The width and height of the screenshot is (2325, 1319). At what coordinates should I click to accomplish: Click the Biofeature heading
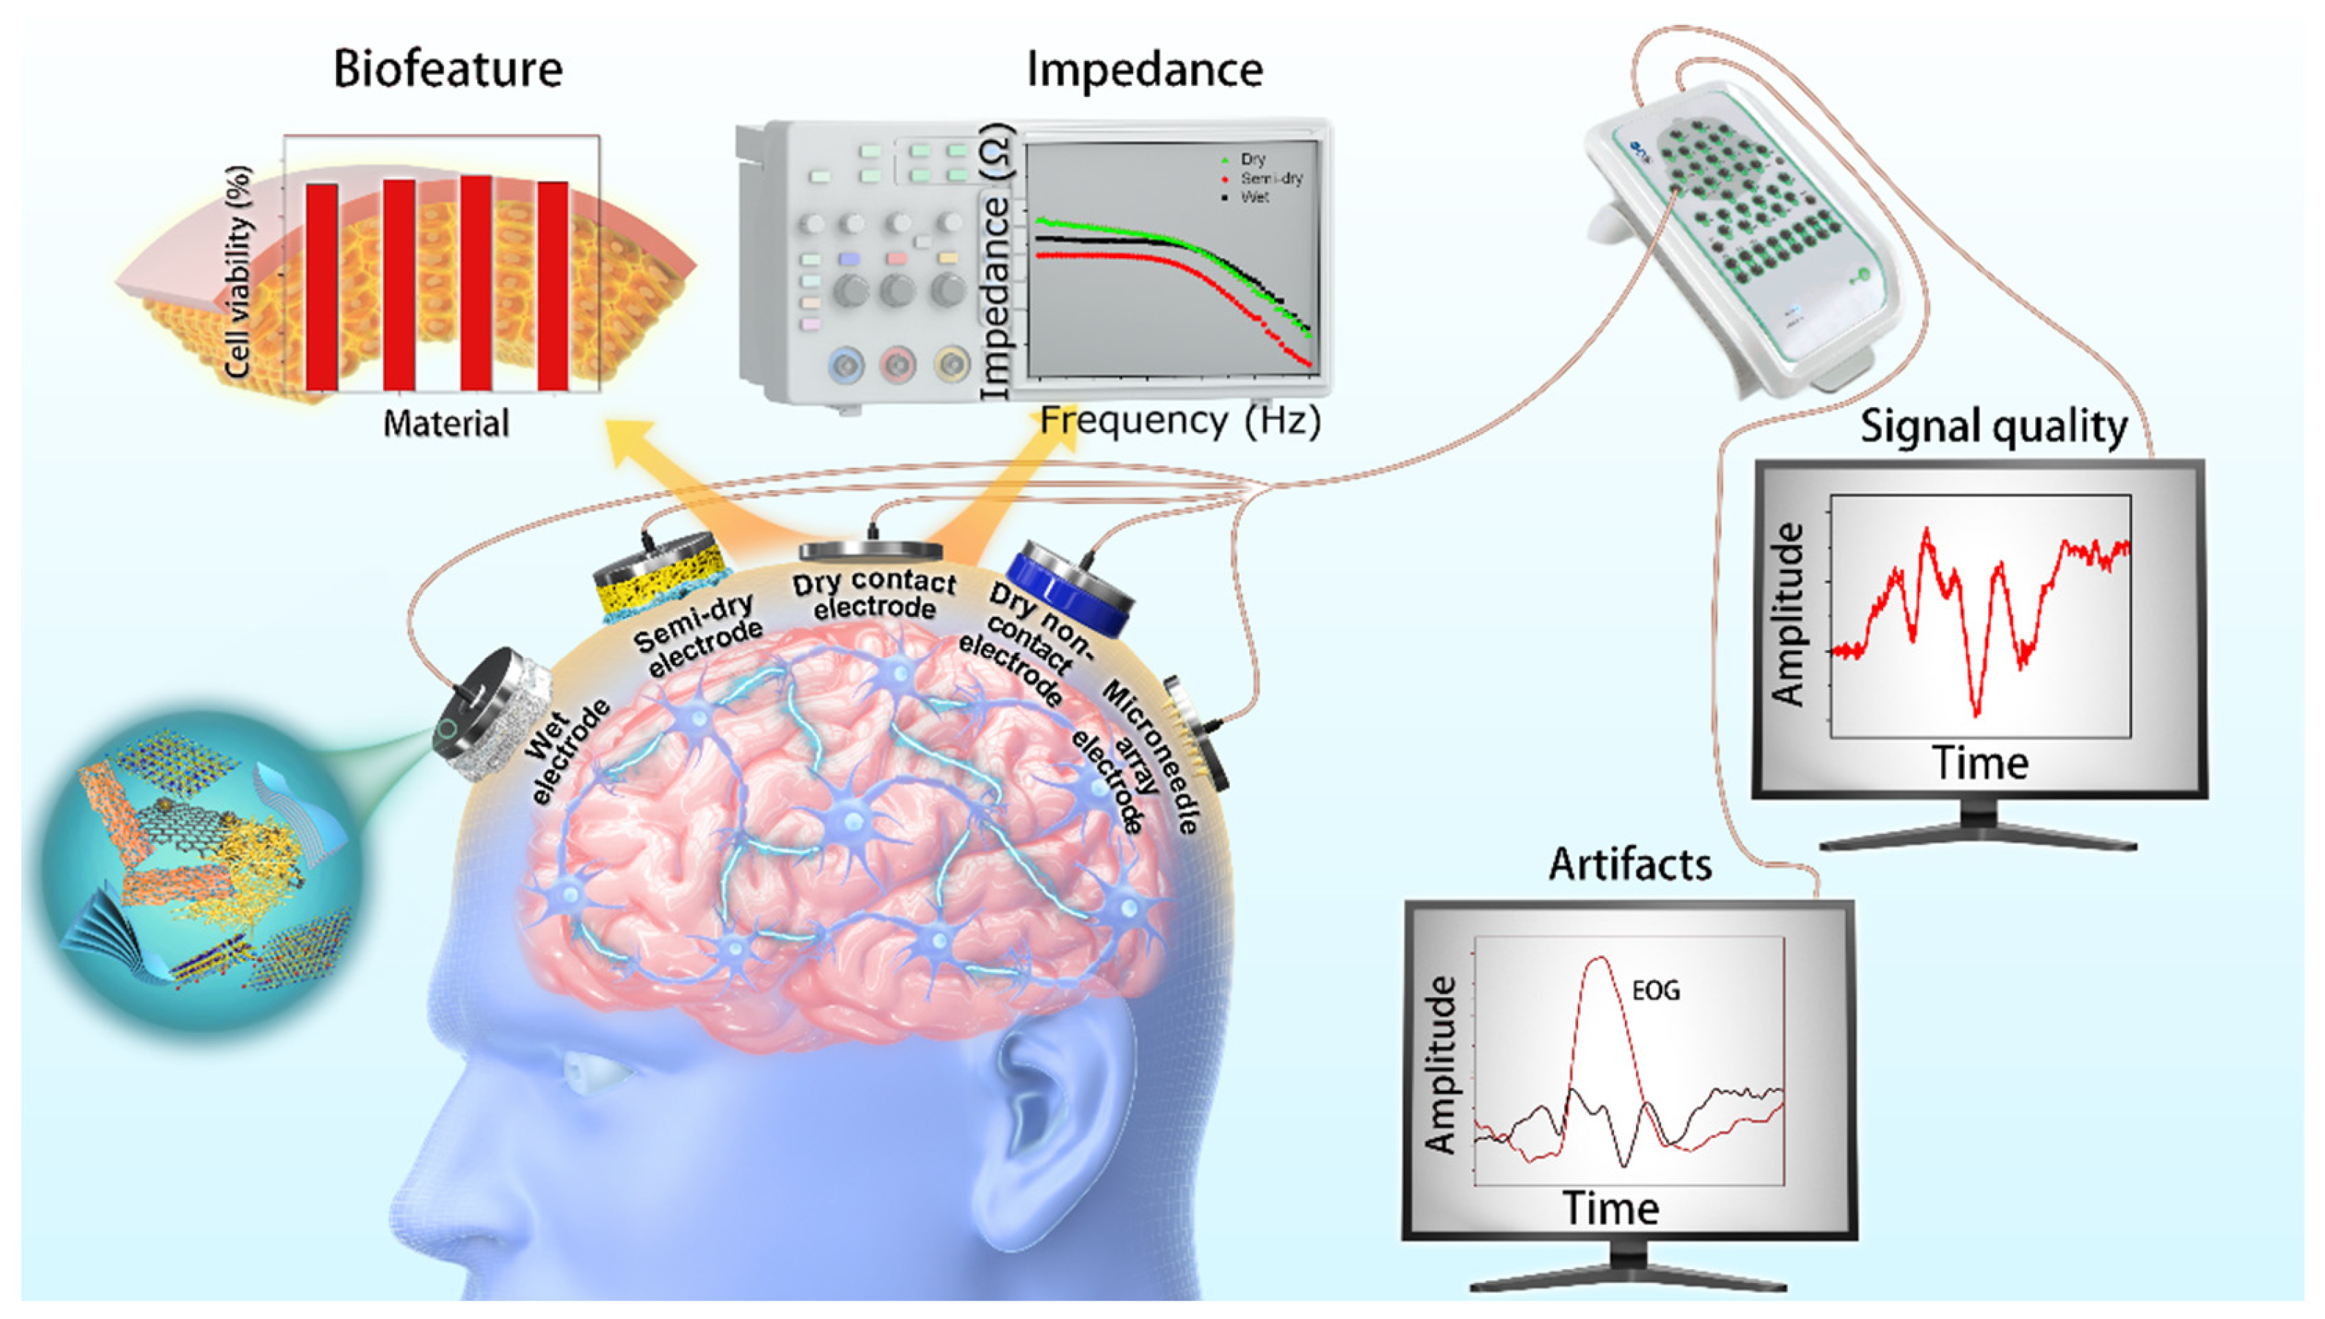click(x=448, y=69)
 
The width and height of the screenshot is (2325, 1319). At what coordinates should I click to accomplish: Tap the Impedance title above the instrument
click(x=1143, y=69)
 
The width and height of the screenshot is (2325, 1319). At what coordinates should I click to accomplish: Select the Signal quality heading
click(x=1993, y=425)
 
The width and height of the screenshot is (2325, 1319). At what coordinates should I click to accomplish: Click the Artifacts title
click(x=1630, y=864)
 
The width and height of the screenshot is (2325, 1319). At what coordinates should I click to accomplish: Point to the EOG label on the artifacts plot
click(x=1656, y=990)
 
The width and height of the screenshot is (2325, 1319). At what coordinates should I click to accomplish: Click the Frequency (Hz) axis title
click(x=1179, y=420)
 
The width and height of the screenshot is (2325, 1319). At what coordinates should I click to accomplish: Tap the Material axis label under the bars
click(x=445, y=423)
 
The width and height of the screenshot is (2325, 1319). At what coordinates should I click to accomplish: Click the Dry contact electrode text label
click(x=873, y=594)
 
